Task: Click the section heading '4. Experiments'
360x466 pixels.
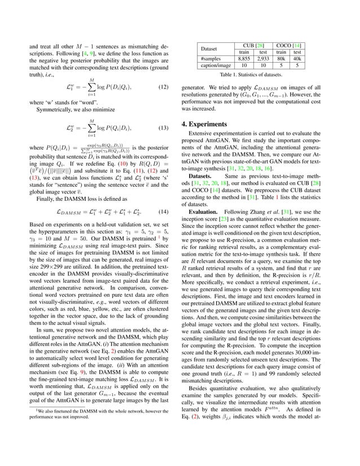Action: pyautogui.click(x=213, y=124)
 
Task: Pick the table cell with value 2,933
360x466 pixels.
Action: pyautogui.click(x=263, y=58)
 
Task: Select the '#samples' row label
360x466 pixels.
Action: pyautogui.click(x=211, y=58)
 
